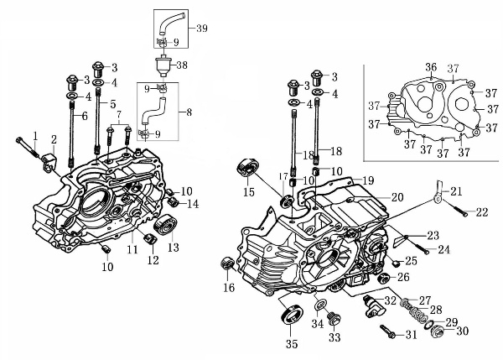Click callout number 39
(201, 29)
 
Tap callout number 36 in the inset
(431, 67)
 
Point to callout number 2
(54, 139)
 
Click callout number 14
(193, 204)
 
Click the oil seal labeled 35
(293, 317)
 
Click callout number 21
(455, 192)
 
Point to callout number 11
(132, 249)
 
